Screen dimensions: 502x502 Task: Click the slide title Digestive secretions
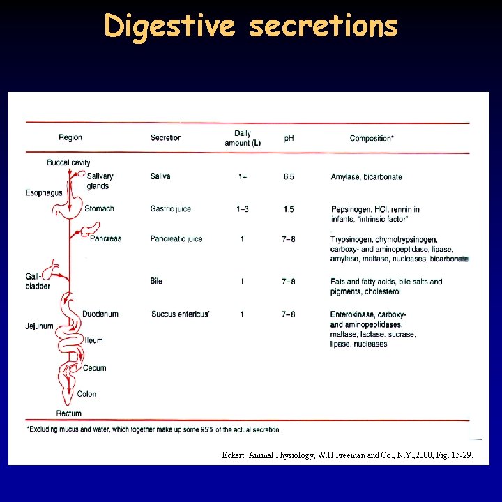click(x=251, y=26)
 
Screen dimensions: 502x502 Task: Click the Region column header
click(x=70, y=138)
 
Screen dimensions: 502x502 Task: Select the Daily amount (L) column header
click(x=243, y=138)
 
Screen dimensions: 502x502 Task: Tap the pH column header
click(x=289, y=138)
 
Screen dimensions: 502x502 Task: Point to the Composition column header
click(x=372, y=138)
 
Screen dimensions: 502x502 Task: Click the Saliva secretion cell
click(x=160, y=177)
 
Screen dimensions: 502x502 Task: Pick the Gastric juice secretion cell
click(x=170, y=209)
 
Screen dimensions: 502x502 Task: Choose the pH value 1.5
click(x=289, y=209)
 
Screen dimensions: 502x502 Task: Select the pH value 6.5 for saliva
click(x=289, y=177)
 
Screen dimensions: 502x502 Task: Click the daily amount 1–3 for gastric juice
click(x=243, y=209)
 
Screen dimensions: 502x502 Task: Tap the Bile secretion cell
click(x=156, y=281)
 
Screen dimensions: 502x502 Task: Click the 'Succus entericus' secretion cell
click(x=179, y=314)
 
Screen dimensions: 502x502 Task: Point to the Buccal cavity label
click(x=68, y=162)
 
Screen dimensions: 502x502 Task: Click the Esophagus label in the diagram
click(x=43, y=193)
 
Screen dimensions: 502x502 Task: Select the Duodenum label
click(x=100, y=314)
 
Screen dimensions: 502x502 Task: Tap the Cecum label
click(x=95, y=368)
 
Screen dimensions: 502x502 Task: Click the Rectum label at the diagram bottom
click(x=68, y=413)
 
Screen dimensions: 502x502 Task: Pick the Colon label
click(x=87, y=394)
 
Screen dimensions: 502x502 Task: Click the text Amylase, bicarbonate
click(x=366, y=177)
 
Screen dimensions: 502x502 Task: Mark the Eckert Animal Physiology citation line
click(x=347, y=455)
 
